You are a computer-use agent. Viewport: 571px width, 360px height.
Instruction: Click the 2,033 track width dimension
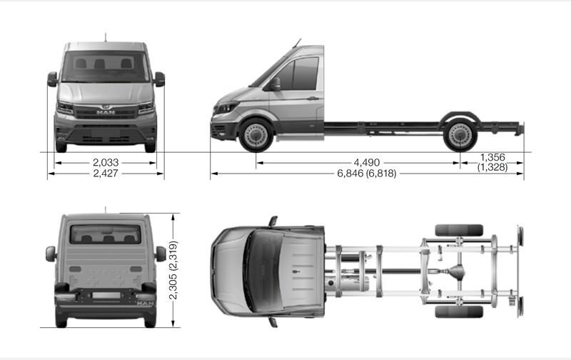pyautogui.click(x=105, y=162)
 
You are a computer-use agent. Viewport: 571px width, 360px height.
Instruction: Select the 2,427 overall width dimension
pyautogui.click(x=105, y=173)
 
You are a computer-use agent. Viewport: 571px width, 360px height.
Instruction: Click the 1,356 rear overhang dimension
pyautogui.click(x=494, y=157)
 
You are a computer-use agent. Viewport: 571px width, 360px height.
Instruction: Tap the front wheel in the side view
pyautogui.click(x=255, y=135)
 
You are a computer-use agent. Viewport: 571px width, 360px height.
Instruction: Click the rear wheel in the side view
pyautogui.click(x=460, y=135)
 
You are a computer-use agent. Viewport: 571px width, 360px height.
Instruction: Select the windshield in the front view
pyautogui.click(x=105, y=66)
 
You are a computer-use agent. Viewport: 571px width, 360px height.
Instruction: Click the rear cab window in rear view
pyautogui.click(x=105, y=234)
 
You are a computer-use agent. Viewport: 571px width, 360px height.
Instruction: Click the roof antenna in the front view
pyautogui.click(x=106, y=36)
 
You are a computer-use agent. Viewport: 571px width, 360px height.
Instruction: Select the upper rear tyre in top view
pyautogui.click(x=458, y=230)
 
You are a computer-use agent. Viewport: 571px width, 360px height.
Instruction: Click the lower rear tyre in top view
pyautogui.click(x=458, y=311)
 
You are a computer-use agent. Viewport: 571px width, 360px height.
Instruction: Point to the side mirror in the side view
pyautogui.click(x=275, y=84)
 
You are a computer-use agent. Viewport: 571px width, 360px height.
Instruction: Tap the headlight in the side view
pyautogui.click(x=226, y=108)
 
